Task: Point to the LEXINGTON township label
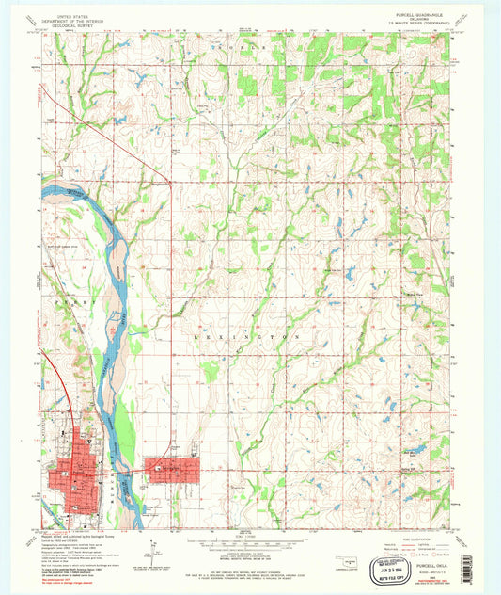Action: click(250, 335)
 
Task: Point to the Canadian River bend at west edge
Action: click(66, 193)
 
